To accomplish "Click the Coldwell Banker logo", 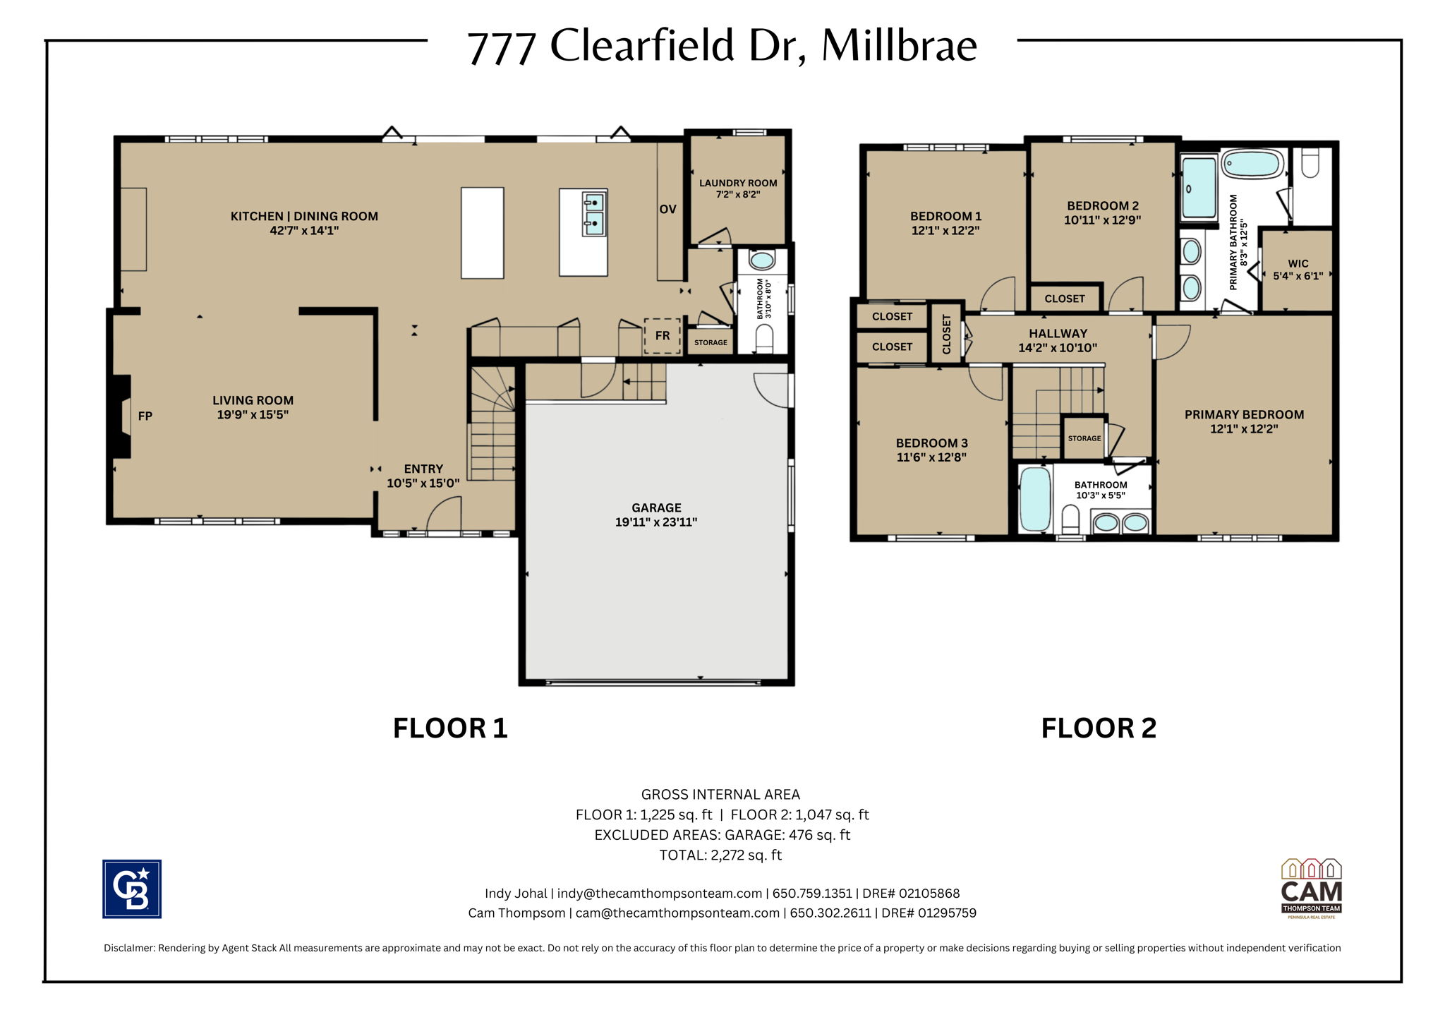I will point(132,889).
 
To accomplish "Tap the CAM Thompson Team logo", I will point(1311,889).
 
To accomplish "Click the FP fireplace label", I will point(145,416).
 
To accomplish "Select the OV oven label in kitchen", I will point(667,210).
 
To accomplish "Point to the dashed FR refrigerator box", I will point(662,336).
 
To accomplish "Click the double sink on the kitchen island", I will point(594,212).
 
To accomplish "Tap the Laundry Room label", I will point(738,184).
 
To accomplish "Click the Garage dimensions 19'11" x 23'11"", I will point(656,522).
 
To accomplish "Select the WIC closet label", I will point(1298,264).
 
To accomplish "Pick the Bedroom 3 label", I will point(931,443).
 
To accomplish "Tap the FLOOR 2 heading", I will point(1099,728).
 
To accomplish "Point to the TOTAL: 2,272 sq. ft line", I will point(720,855).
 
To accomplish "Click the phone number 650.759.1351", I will point(812,894).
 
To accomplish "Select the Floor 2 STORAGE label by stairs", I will point(1084,438).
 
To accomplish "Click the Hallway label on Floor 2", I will point(1058,334).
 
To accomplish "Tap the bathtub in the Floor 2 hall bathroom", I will point(1035,499).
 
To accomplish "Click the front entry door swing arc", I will point(444,512).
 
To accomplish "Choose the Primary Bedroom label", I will point(1244,415).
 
